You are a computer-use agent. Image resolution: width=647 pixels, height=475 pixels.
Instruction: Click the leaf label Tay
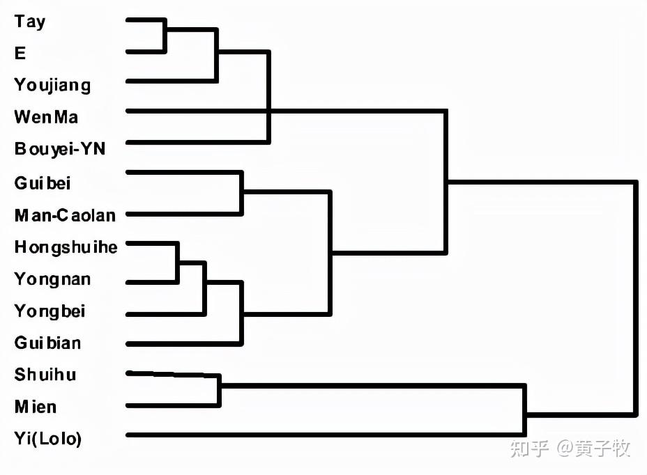[x=30, y=22]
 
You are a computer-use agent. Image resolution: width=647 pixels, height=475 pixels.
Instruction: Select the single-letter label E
[x=20, y=53]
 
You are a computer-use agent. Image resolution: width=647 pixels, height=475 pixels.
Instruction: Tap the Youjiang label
[x=52, y=86]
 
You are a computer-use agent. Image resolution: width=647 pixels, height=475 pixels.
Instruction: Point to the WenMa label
[x=46, y=117]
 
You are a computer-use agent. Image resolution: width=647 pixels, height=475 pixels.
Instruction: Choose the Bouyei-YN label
[x=60, y=149]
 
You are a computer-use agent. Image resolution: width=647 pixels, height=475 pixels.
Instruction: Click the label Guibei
[x=43, y=183]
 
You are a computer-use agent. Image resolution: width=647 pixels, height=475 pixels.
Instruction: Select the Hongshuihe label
[x=66, y=247]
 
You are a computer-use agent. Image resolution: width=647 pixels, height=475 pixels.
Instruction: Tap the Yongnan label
[x=52, y=279]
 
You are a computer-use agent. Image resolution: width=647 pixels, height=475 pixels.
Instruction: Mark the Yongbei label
[x=50, y=311]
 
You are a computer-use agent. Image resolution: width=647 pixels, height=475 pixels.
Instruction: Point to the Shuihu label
[x=45, y=375]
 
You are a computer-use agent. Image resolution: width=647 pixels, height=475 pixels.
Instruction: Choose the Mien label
[x=36, y=407]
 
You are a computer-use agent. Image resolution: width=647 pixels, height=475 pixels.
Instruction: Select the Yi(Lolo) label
[x=48, y=439]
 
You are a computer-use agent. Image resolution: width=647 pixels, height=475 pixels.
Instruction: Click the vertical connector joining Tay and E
[x=165, y=36]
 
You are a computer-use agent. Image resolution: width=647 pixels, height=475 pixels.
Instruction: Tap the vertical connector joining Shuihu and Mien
[x=219, y=391]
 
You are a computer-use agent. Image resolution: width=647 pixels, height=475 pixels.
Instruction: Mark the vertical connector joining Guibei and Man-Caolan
[x=241, y=194]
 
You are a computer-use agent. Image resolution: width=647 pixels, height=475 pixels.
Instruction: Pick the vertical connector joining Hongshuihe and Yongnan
[x=177, y=263]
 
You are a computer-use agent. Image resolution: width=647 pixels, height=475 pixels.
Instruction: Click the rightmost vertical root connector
[x=635, y=299]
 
